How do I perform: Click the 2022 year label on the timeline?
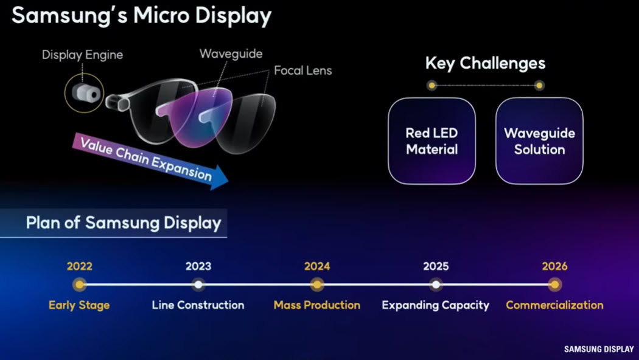coord(80,266)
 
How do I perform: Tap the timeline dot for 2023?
coord(198,284)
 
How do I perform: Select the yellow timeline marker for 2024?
coord(317,284)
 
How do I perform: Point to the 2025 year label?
coord(436,266)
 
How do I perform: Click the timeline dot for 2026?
coord(554,284)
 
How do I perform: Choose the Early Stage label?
coord(79,305)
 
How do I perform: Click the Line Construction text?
coord(198,305)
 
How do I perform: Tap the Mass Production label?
coord(317,305)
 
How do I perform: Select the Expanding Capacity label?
coord(436,305)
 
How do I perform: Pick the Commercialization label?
coord(554,305)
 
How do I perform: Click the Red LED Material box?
coord(432,141)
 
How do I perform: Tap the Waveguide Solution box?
coord(539,141)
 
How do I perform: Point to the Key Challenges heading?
coord(486,63)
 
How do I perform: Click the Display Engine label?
coord(82,55)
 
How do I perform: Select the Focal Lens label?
coord(303,71)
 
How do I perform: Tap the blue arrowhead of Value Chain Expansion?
coord(218,178)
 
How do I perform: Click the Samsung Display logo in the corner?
coord(599,350)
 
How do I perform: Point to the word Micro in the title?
coord(161,16)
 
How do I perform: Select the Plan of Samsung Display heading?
coord(124,223)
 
